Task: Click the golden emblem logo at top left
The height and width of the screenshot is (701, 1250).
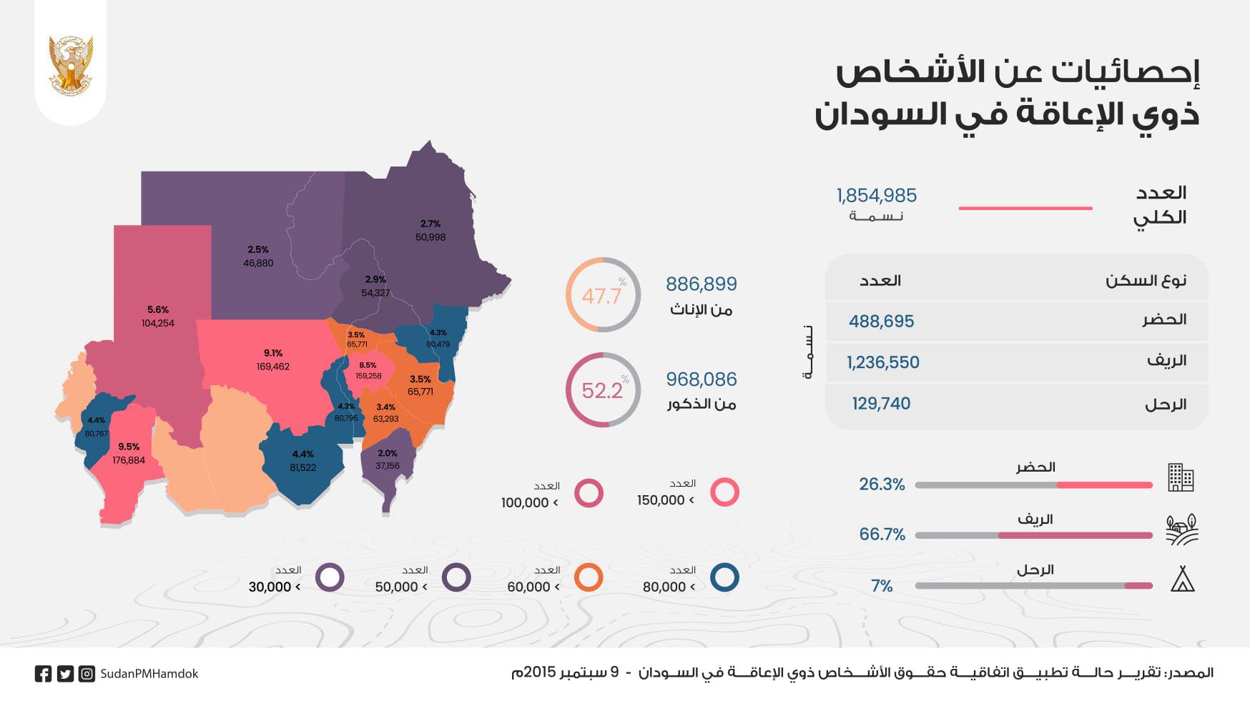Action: [x=70, y=65]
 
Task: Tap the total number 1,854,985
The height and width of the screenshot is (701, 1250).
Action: [x=876, y=196]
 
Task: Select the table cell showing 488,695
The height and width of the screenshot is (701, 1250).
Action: [x=881, y=322]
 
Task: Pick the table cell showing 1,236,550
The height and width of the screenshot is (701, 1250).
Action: [x=882, y=362]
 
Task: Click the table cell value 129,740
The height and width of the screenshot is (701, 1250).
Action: [x=881, y=404]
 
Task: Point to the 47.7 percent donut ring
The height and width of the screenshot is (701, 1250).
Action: [x=603, y=294]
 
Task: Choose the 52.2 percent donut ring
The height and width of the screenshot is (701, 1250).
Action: [x=603, y=389]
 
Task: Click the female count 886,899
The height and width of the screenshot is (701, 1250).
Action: [x=701, y=284]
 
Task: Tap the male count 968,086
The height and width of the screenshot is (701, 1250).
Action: [x=701, y=379]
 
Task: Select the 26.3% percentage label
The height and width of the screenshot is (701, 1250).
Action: [x=882, y=484]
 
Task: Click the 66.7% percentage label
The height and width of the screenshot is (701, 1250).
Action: [x=882, y=535]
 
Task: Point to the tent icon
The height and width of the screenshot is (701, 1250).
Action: [x=1182, y=580]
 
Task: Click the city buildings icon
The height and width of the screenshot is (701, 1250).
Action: [x=1181, y=477]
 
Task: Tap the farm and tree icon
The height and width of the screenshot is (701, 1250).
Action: [x=1181, y=530]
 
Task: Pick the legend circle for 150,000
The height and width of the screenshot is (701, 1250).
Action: [x=724, y=492]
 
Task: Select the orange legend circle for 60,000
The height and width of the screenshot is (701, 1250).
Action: [x=589, y=577]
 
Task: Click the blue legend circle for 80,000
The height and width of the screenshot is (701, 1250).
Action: [x=724, y=577]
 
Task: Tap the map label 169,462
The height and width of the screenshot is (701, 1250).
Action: [x=272, y=367]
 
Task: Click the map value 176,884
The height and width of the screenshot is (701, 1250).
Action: [x=129, y=460]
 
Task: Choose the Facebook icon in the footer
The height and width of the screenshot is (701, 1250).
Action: [x=43, y=674]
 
